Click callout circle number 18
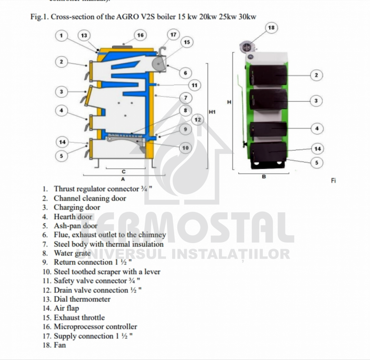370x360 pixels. click(271, 28)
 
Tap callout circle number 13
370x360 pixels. click(84, 35)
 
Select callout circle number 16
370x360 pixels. click(140, 35)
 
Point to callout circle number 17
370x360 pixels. click(173, 35)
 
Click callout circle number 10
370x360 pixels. click(185, 148)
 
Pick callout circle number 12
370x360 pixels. click(198, 120)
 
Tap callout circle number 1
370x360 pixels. click(61, 35)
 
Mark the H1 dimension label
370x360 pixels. click(212, 112)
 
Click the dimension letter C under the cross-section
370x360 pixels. click(123, 172)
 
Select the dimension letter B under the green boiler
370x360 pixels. click(264, 177)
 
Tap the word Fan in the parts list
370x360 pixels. click(60, 345)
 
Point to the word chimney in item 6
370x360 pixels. click(152, 235)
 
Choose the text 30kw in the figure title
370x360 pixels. click(247, 17)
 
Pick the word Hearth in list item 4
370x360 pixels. click(64, 217)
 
